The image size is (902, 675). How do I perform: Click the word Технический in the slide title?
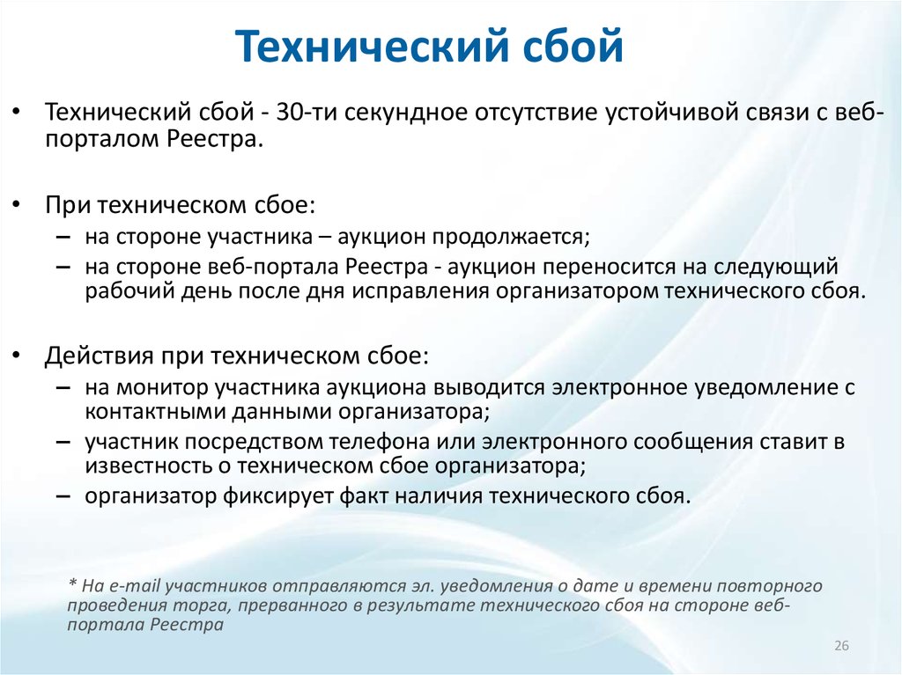pyautogui.click(x=372, y=45)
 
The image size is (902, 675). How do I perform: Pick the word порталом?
pyautogui.click(x=102, y=140)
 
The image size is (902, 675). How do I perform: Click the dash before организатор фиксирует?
pyautogui.click(x=63, y=495)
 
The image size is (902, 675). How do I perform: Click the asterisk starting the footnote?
pyautogui.click(x=72, y=583)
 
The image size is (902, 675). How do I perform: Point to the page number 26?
pyautogui.click(x=841, y=646)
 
